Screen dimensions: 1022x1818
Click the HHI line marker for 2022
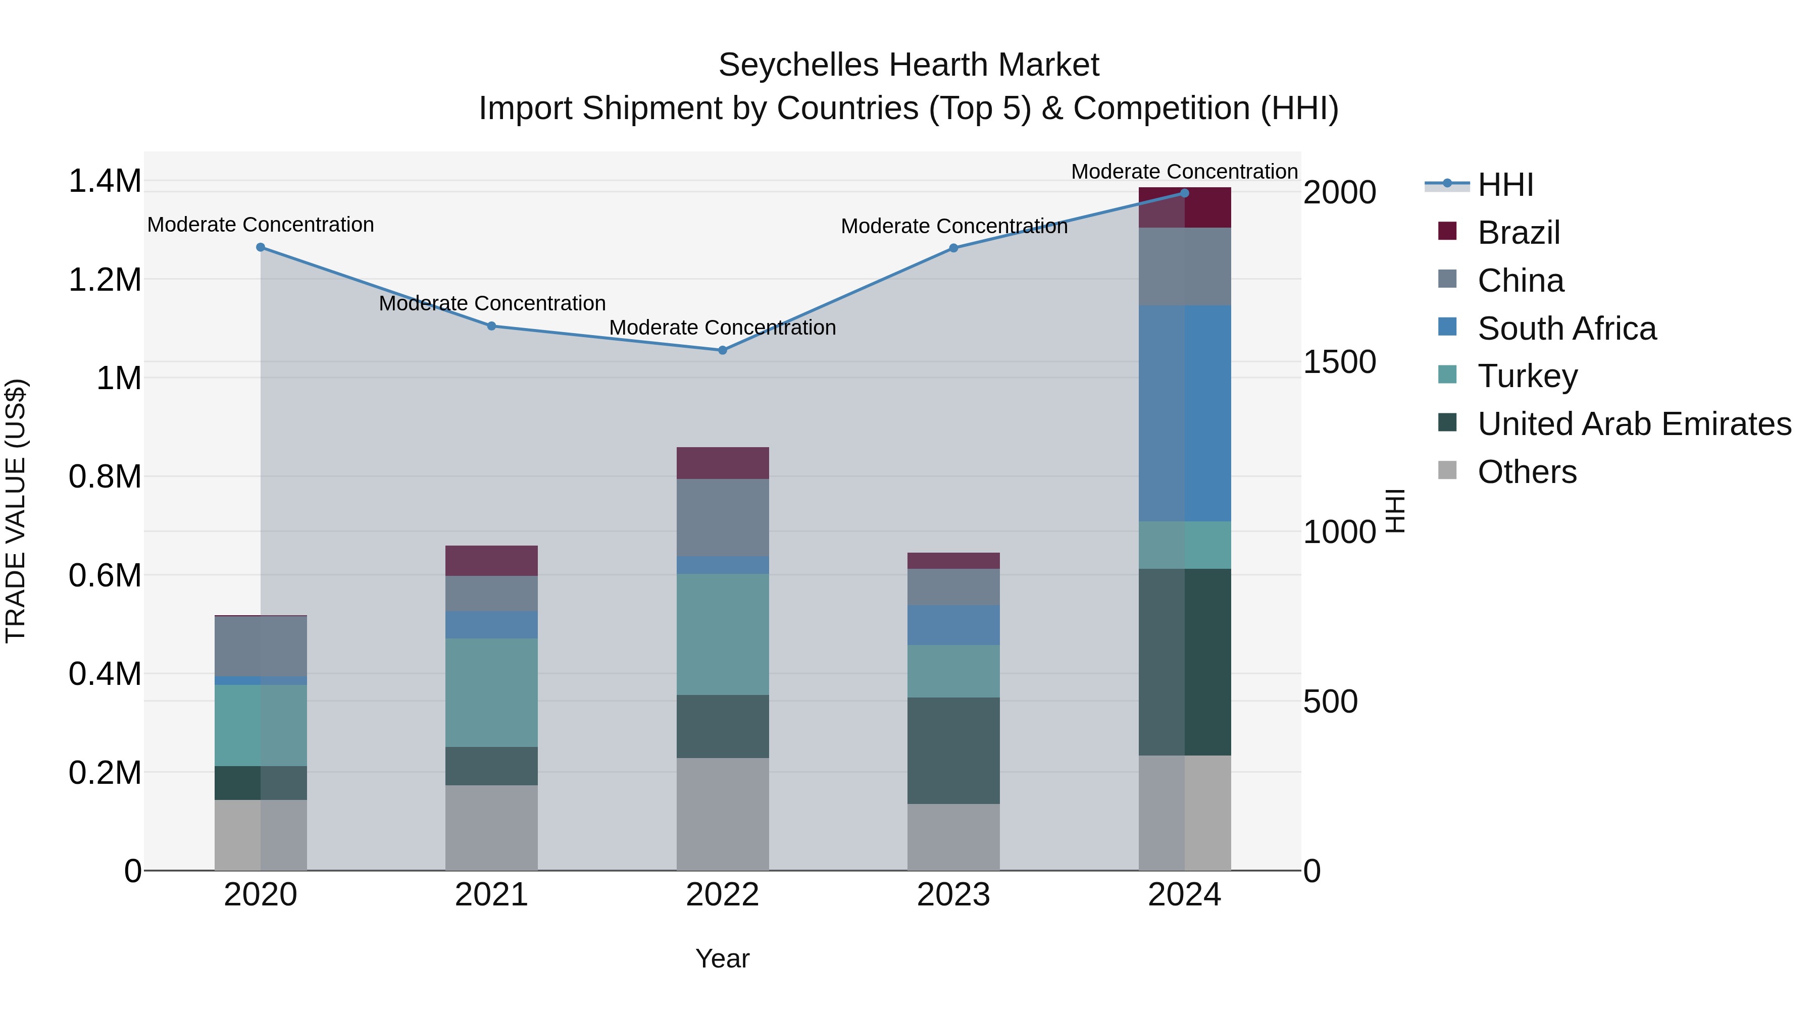(x=722, y=350)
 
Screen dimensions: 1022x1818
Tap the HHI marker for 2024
(x=1184, y=193)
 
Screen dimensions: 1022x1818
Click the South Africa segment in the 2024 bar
(x=1184, y=413)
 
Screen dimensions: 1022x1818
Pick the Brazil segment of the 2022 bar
(x=722, y=463)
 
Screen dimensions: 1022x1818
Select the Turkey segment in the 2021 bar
(x=491, y=692)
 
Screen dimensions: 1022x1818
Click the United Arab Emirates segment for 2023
(x=953, y=750)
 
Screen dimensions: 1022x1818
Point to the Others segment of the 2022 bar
(x=722, y=814)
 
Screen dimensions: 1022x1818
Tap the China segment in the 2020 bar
(x=261, y=646)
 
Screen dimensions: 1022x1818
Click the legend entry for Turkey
(x=1527, y=376)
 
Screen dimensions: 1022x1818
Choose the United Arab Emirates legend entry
(x=1634, y=424)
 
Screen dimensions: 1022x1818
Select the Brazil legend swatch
(x=1447, y=231)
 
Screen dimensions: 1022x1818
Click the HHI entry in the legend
(x=1505, y=185)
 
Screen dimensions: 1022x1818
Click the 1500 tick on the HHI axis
(x=1339, y=362)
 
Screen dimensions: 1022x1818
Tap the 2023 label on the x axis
(x=953, y=895)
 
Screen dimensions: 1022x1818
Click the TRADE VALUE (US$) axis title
(x=16, y=511)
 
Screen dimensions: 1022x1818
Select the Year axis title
(x=722, y=958)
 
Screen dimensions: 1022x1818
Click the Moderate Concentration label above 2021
(x=492, y=303)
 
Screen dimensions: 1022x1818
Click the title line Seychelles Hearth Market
(x=908, y=65)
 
